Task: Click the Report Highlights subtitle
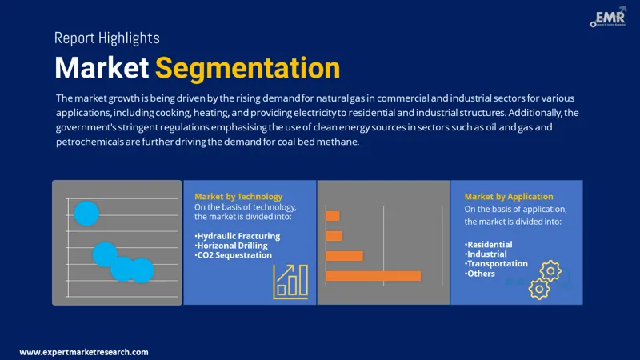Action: (106, 38)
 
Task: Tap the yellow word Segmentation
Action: (247, 68)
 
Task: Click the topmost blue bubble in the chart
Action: (86, 214)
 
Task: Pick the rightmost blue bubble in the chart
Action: (142, 270)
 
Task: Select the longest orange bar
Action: (373, 276)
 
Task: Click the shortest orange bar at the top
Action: (333, 216)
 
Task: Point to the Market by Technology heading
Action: (238, 197)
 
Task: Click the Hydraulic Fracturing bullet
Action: (238, 236)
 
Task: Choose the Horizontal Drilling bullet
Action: (234, 246)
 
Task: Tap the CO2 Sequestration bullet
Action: (233, 255)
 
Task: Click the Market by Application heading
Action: (509, 197)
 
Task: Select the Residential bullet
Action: (489, 245)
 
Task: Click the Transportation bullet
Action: (497, 264)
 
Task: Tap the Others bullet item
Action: (481, 274)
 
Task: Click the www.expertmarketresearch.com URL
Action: (84, 351)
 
